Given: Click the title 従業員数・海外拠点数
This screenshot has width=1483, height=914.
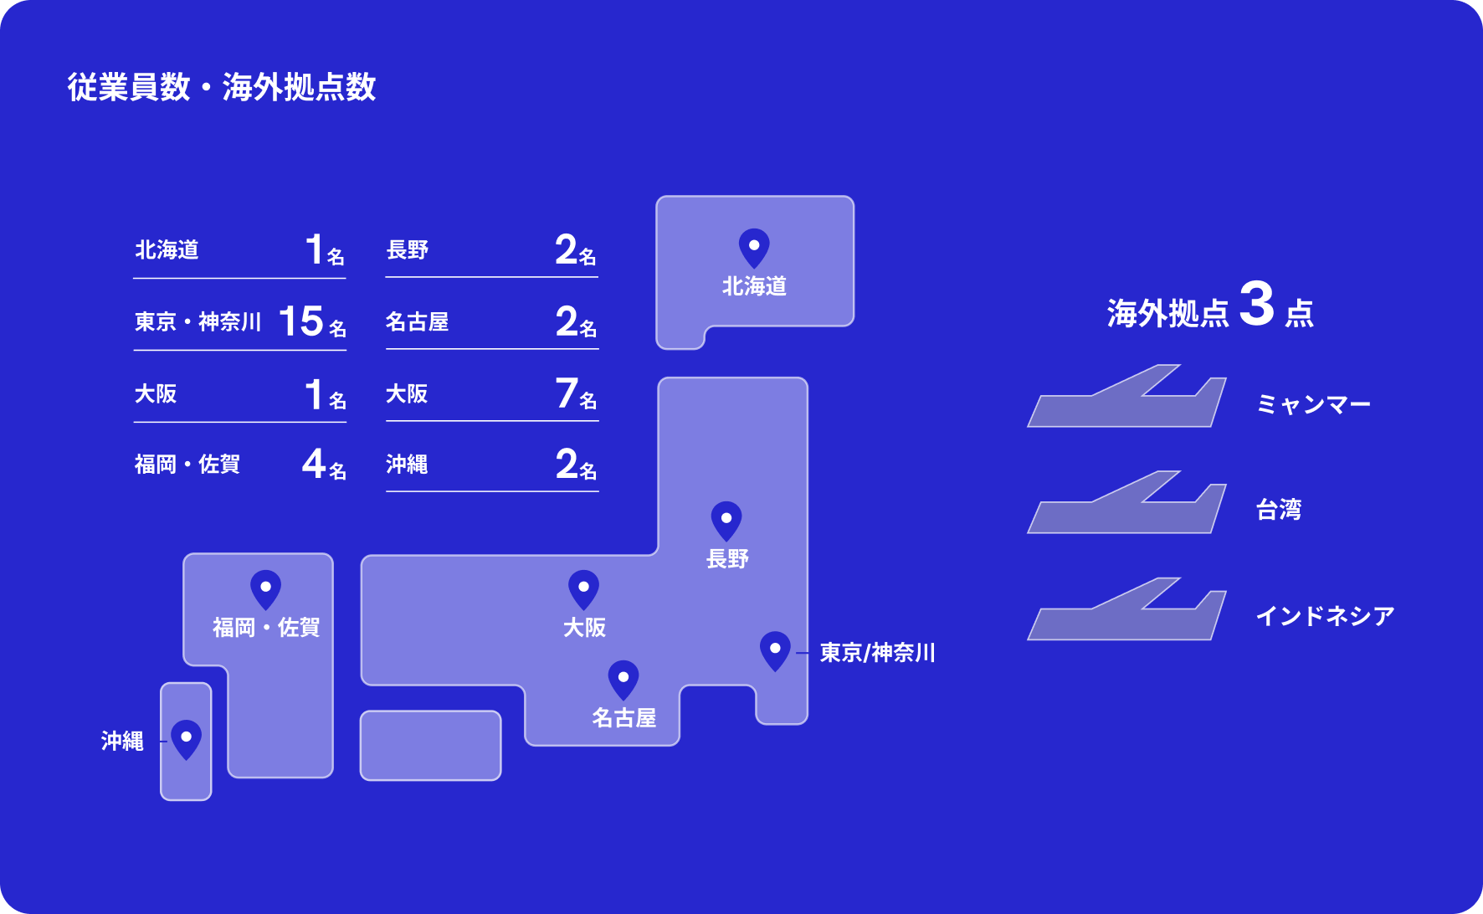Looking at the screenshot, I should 222,87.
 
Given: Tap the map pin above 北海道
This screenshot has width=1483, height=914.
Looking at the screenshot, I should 754,248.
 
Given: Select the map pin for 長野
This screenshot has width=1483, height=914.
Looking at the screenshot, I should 726,521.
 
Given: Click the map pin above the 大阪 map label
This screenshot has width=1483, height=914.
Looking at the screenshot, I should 583,589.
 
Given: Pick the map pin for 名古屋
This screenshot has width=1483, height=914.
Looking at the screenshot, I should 623,680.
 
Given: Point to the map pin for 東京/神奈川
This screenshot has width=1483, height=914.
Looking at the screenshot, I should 775,650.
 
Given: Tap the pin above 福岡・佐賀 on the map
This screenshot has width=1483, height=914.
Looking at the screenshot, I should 265,589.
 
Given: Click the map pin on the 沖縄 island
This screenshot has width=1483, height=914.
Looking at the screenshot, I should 186,739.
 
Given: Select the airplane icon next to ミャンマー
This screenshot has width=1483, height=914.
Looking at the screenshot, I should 1126,398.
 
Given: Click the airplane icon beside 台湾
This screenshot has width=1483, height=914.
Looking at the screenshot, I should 1126,505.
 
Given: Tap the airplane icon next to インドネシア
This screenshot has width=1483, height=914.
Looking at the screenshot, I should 1126,611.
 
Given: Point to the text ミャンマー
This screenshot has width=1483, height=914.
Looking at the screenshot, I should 1313,405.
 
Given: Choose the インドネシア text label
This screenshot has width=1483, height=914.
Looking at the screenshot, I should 1325,617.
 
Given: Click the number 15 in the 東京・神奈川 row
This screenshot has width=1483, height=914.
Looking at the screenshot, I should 300,321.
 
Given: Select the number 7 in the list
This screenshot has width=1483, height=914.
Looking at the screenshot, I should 567,393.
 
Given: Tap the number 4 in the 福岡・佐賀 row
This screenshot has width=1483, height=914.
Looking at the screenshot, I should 313,464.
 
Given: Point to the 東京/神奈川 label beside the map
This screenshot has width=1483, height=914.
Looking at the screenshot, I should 877,653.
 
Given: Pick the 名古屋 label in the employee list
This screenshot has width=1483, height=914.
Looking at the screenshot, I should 417,322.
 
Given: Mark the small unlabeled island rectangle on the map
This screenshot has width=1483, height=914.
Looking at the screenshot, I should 430,745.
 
